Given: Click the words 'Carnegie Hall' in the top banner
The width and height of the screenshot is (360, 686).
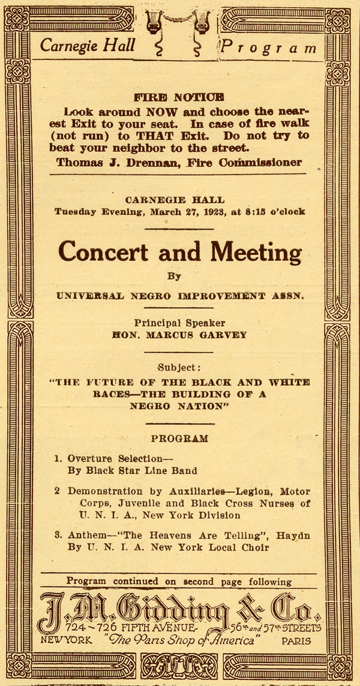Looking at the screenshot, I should pos(88,44).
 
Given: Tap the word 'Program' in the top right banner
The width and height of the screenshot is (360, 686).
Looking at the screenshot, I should pos(268,47).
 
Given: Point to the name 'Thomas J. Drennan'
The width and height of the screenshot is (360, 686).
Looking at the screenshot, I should pos(112,163).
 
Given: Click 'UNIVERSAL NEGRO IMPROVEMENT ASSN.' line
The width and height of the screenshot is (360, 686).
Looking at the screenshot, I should pos(179,296).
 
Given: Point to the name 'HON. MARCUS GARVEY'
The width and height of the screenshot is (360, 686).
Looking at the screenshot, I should pos(179,335).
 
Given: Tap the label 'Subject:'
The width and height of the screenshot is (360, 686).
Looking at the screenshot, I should pos(179,367).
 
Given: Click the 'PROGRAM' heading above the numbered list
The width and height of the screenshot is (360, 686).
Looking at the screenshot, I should pos(179,438).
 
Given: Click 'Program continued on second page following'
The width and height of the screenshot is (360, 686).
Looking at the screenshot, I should pos(179,581).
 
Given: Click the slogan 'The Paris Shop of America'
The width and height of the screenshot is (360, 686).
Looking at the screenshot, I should pos(179,640).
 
